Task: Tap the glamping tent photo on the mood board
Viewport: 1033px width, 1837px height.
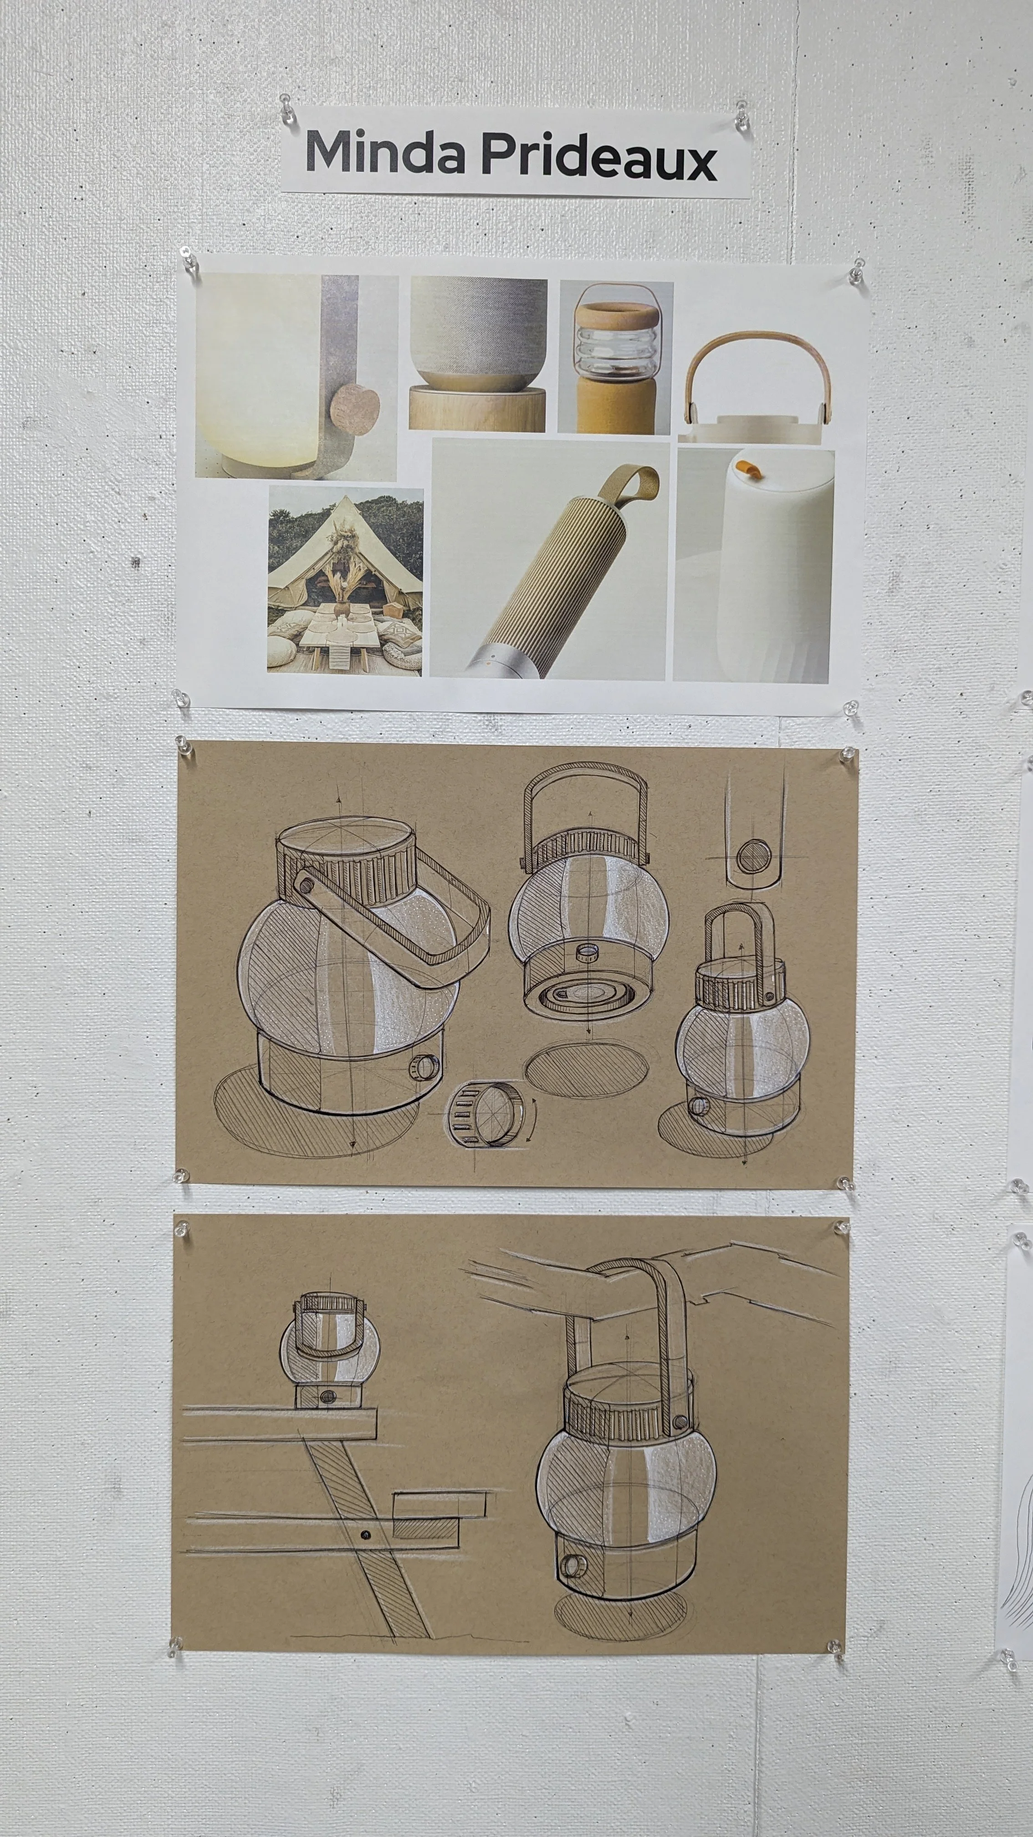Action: (345, 580)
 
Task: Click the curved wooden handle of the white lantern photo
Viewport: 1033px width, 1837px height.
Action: (757, 364)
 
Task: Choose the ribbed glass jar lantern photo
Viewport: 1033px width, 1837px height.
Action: (615, 357)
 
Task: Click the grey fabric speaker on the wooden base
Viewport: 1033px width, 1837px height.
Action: (478, 336)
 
